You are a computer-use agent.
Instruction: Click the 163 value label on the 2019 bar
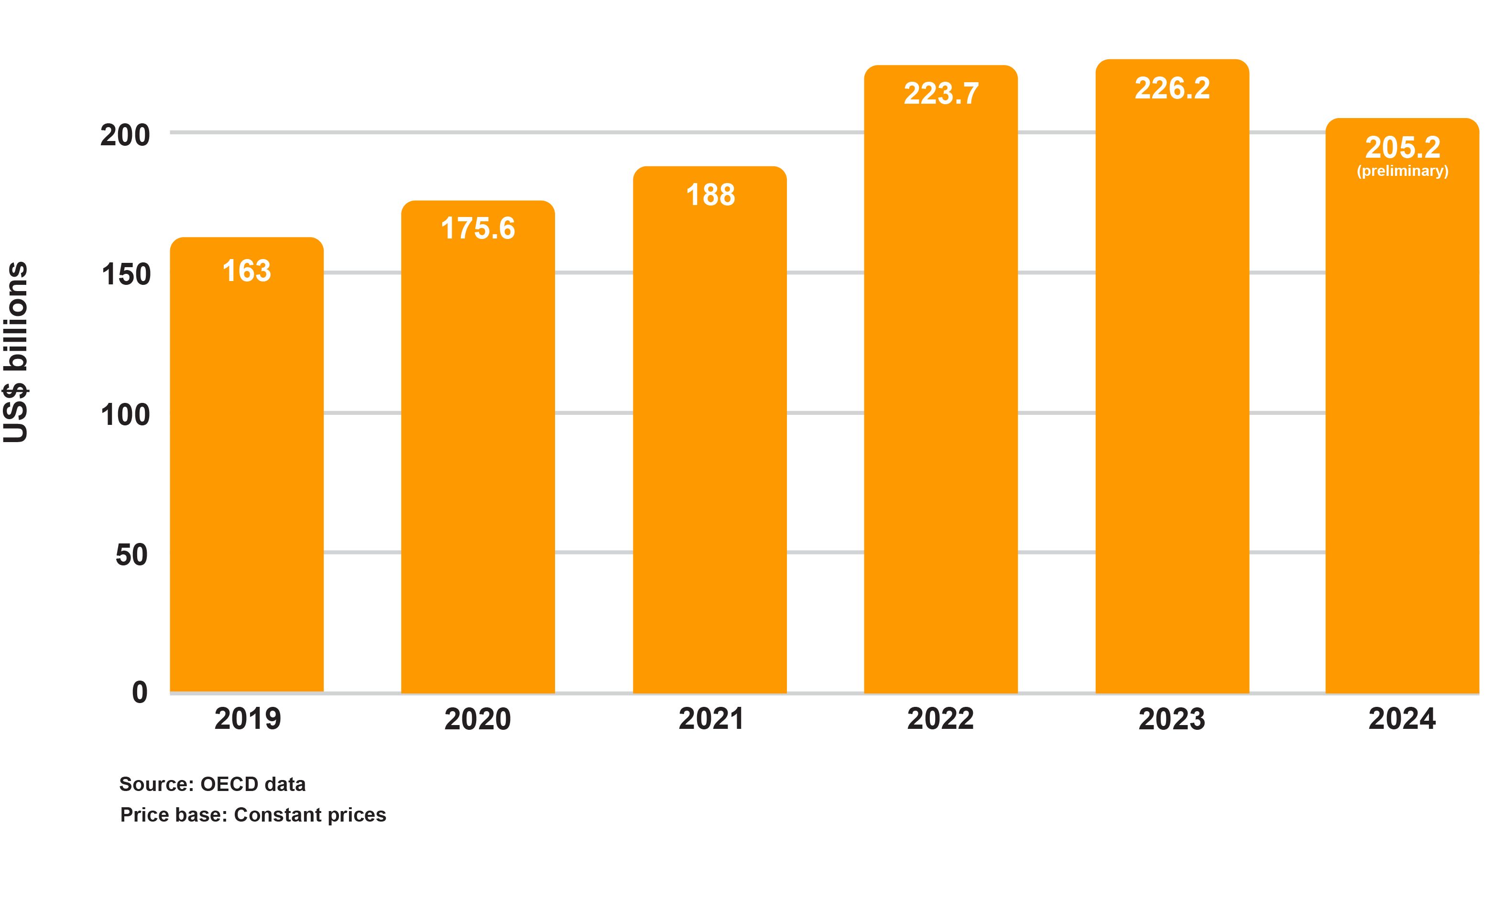point(246,271)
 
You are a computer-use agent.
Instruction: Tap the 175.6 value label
point(478,228)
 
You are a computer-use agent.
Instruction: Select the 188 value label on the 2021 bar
point(710,195)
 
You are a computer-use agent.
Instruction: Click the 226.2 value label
point(1172,88)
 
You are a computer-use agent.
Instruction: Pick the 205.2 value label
point(1402,147)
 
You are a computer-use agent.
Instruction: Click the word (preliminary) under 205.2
point(1402,171)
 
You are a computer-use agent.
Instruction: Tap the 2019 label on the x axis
point(247,719)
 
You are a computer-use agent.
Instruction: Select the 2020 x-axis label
point(478,719)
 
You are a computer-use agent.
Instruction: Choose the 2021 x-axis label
point(710,719)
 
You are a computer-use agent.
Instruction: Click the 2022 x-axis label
point(940,719)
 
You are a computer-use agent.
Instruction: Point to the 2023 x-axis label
point(1171,719)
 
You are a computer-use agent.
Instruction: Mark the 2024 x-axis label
point(1402,719)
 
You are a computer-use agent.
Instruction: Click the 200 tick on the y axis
point(125,135)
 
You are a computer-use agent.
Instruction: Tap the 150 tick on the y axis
point(126,275)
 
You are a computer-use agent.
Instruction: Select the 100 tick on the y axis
point(125,415)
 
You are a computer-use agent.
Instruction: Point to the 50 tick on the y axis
point(131,555)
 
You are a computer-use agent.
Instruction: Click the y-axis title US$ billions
point(16,352)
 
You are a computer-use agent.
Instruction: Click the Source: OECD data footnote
point(212,784)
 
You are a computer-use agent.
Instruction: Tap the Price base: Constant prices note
point(253,814)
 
